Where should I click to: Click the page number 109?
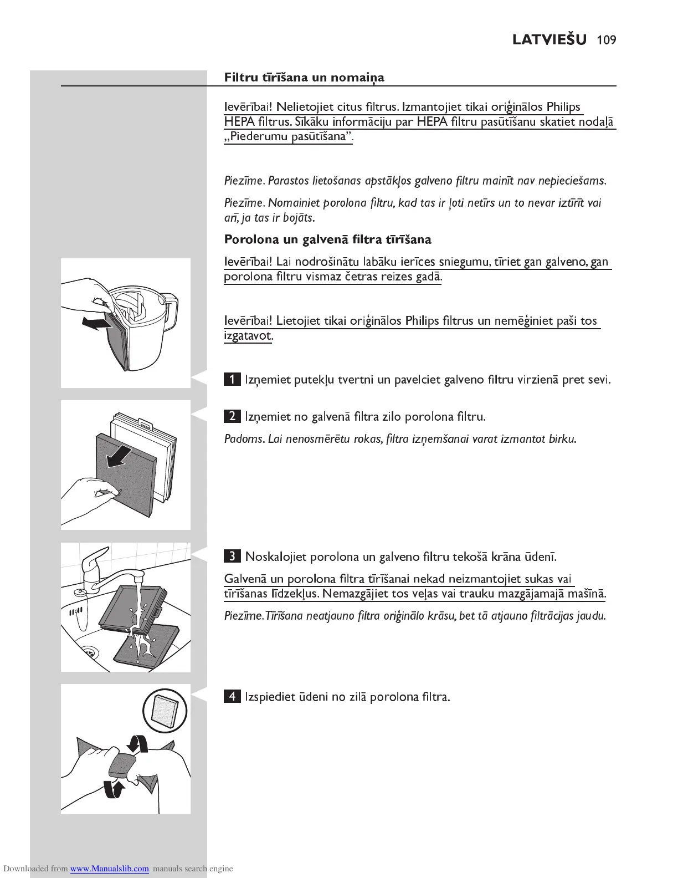(607, 40)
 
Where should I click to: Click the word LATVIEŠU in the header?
(549, 40)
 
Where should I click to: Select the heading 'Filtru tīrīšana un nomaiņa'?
(304, 78)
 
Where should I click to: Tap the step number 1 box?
(232, 380)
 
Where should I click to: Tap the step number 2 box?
(232, 416)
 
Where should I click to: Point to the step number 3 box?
(232, 556)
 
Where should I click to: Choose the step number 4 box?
(232, 697)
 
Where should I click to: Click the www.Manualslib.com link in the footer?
(109, 869)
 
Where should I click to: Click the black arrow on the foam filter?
(119, 456)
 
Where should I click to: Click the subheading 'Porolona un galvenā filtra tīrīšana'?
(327, 240)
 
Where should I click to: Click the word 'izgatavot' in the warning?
(248, 336)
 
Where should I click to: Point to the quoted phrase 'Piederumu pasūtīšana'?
(288, 137)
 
